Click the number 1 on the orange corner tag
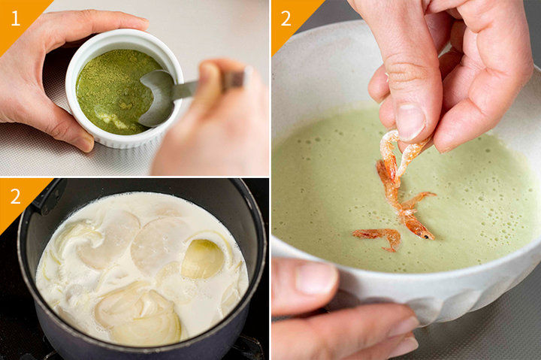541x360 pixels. coord(16,18)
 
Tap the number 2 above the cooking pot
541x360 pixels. coord(16,196)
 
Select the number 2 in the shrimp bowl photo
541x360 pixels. coord(286,19)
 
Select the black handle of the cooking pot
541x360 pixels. coord(48,198)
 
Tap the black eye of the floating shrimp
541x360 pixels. coord(427,237)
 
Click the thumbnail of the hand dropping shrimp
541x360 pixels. coord(410,122)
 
